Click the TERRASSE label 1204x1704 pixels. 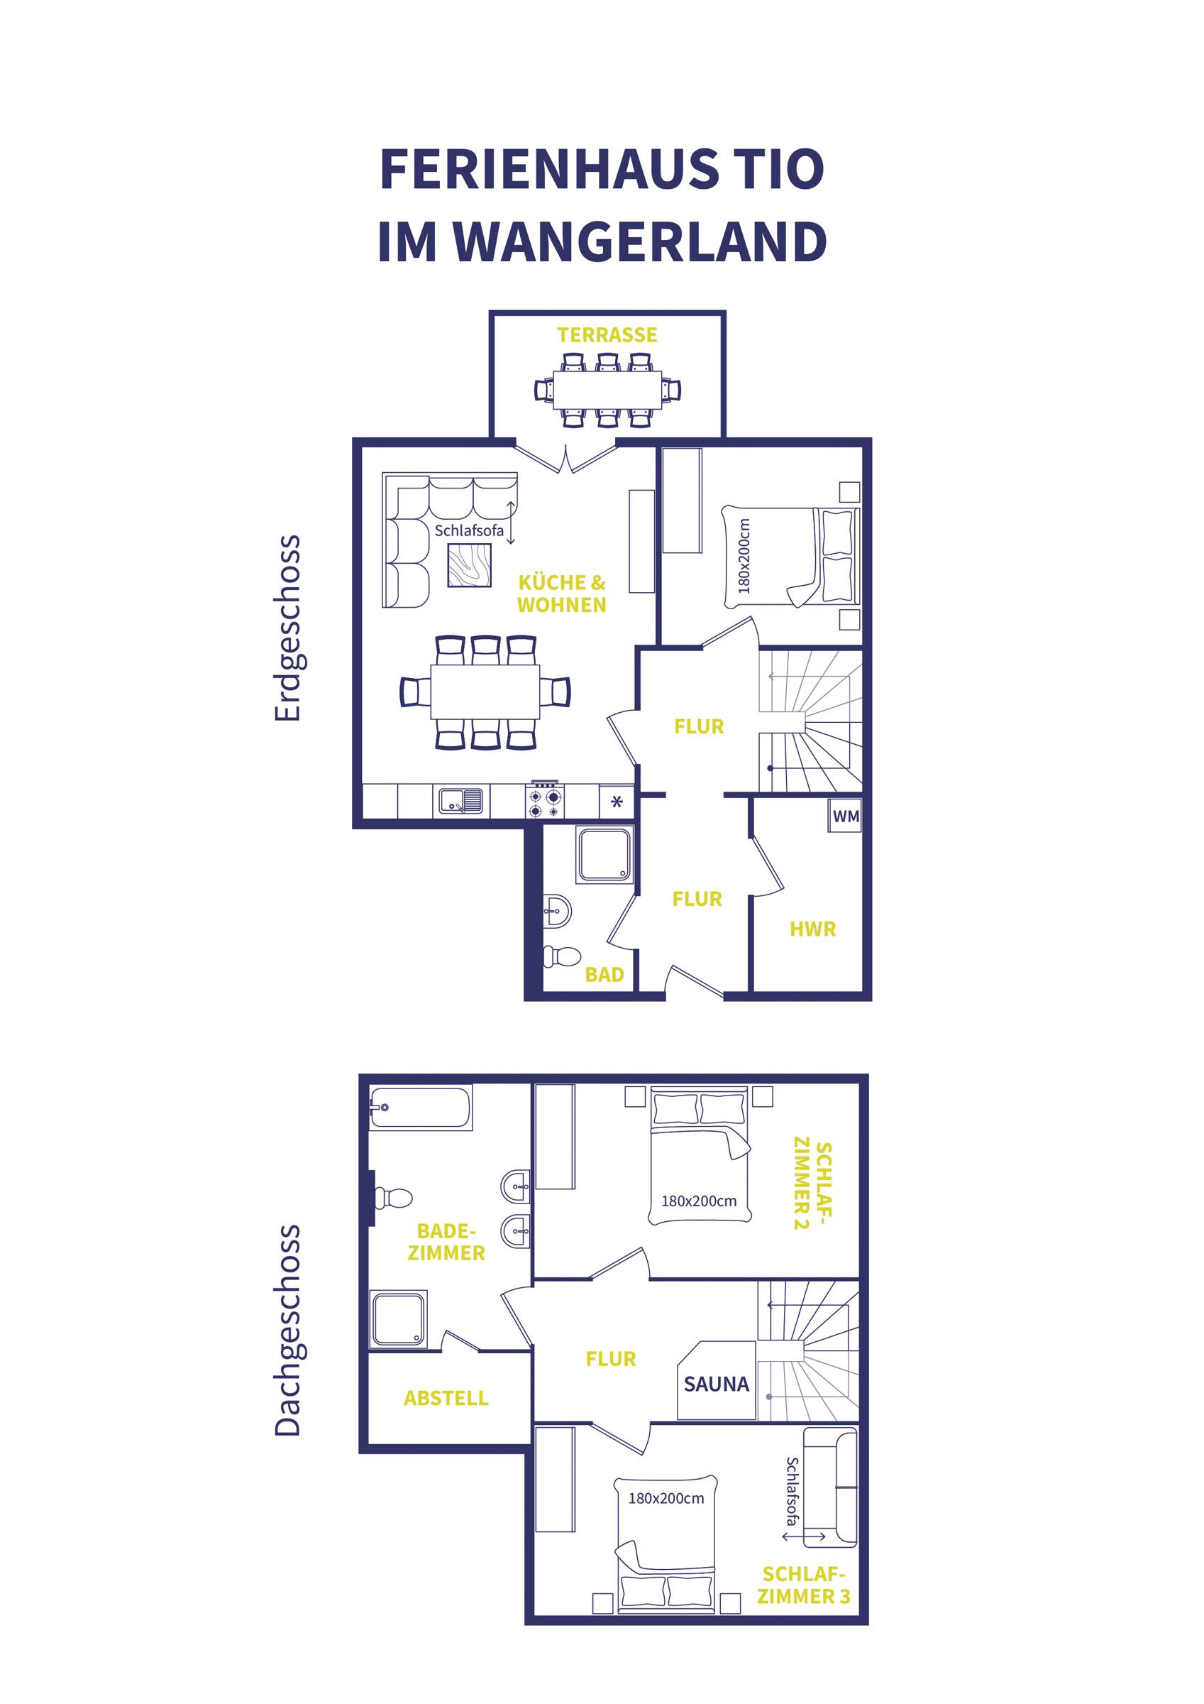[x=607, y=335]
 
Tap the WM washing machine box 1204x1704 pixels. [x=846, y=816]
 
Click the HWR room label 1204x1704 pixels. [x=812, y=929]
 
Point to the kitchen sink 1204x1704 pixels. [x=460, y=800]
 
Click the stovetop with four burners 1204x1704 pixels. [x=546, y=800]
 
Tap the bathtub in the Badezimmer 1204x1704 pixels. [x=421, y=1109]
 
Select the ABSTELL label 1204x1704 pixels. [x=446, y=1399]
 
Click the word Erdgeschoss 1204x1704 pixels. [x=288, y=627]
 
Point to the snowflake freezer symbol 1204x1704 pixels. [x=616, y=802]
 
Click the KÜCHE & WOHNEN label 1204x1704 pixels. [x=562, y=594]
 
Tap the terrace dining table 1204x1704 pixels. [x=607, y=389]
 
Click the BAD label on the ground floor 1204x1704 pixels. [x=604, y=974]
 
